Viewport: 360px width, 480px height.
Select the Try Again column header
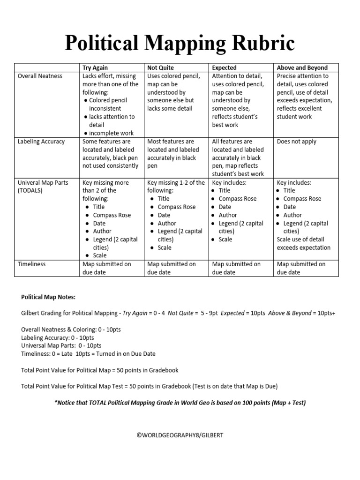(x=95, y=67)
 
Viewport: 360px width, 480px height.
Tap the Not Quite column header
(x=160, y=67)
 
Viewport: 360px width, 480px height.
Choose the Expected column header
(x=224, y=67)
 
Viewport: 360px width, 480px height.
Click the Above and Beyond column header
(x=302, y=67)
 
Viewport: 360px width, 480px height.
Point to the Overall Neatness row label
(x=40, y=76)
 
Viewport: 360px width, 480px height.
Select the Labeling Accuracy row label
(x=41, y=142)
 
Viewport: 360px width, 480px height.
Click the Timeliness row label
(x=31, y=264)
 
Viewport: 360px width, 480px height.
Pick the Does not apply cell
(x=296, y=142)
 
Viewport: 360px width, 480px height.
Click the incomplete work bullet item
(x=112, y=133)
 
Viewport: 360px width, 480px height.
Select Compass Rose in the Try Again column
(x=112, y=215)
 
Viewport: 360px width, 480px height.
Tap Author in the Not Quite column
(x=167, y=224)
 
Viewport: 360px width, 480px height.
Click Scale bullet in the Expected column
(x=225, y=240)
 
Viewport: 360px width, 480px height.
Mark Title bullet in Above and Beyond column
(x=289, y=191)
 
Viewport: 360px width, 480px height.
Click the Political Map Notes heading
(x=48, y=297)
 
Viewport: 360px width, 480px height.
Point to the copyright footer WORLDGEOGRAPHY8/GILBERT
(x=180, y=435)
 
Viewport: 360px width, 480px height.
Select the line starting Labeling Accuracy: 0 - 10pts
(x=58, y=337)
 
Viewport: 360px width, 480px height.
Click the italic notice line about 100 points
(x=180, y=403)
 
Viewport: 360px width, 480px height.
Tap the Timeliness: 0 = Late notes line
(x=88, y=354)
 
